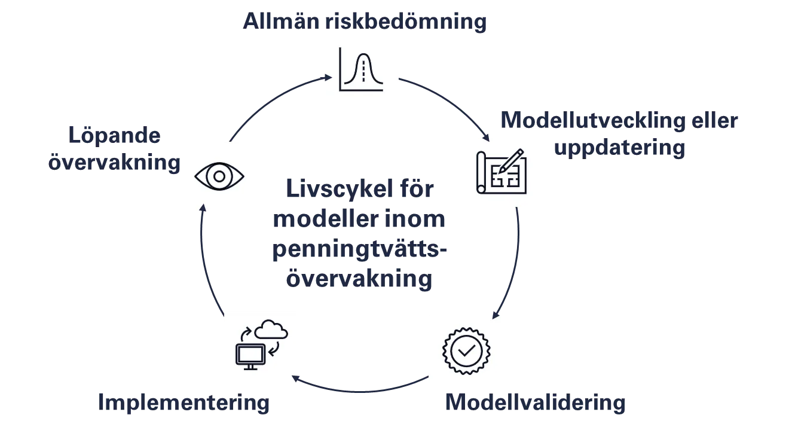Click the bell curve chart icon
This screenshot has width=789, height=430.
click(363, 69)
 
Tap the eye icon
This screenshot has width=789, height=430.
click(219, 175)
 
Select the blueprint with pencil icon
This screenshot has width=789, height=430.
click(501, 172)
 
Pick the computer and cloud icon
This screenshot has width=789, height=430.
click(258, 347)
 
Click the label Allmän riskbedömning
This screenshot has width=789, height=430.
click(365, 20)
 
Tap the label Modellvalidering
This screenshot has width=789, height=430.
click(535, 403)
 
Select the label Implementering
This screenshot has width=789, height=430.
click(184, 403)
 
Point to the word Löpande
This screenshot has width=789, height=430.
click(115, 136)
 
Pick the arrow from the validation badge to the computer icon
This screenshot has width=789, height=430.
click(359, 392)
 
